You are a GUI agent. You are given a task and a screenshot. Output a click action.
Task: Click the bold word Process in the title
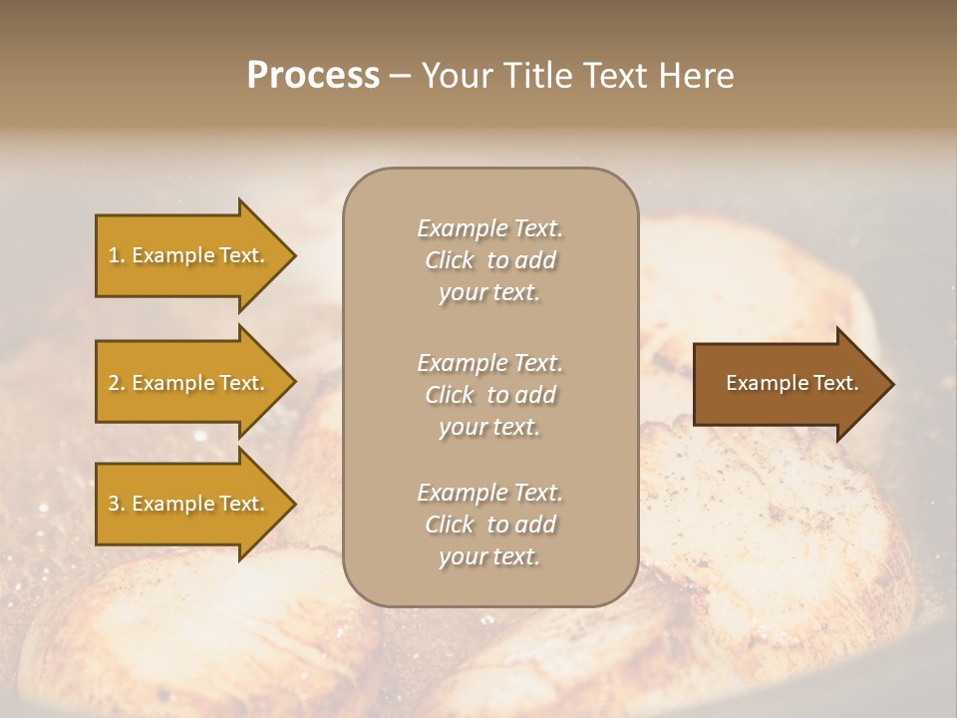tap(313, 75)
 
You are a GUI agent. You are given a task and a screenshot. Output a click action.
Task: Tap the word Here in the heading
tap(696, 76)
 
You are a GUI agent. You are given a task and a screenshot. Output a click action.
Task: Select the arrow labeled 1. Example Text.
tap(189, 255)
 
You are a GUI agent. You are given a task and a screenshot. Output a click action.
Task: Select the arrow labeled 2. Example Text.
tap(189, 383)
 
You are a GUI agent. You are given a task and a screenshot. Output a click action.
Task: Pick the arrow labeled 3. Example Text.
tap(189, 504)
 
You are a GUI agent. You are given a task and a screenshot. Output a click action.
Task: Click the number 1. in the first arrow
tap(117, 255)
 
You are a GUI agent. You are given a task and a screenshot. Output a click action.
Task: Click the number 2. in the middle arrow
tap(117, 383)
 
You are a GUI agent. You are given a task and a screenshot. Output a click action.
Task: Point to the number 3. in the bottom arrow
tap(117, 504)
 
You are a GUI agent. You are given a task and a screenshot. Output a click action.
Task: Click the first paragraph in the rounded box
tap(489, 260)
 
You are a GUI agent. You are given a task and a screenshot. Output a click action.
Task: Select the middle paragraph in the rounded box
tap(489, 395)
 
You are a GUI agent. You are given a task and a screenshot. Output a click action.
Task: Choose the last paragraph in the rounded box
tap(489, 525)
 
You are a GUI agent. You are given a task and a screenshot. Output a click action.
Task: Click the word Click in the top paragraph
tap(450, 260)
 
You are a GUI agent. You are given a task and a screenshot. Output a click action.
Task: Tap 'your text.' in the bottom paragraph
tap(489, 556)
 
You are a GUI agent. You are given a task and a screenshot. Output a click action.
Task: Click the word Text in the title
tap(619, 76)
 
